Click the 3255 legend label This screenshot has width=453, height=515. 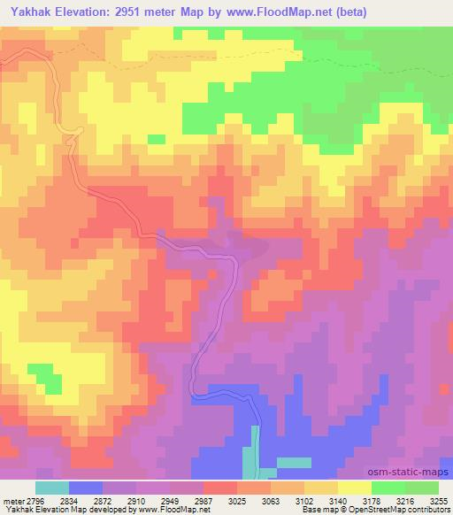click(x=439, y=500)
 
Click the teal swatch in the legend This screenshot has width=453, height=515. click(x=51, y=488)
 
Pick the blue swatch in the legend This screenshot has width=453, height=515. click(x=85, y=488)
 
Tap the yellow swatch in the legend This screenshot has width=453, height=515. click(x=354, y=488)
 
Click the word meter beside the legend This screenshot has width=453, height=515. click(x=14, y=500)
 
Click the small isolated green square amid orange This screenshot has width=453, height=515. click(x=157, y=139)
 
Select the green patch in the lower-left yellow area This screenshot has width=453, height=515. click(x=43, y=375)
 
